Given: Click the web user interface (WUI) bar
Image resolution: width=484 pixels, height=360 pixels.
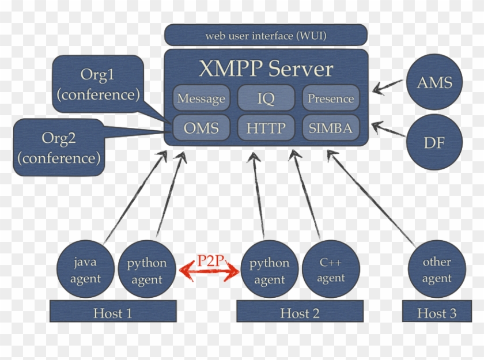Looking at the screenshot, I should [266, 36].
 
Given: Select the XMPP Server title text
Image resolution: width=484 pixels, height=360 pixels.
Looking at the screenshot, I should [266, 69].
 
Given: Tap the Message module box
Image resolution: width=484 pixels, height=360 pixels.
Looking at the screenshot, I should [201, 98].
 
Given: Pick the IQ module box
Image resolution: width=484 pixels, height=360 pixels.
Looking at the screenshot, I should [266, 98].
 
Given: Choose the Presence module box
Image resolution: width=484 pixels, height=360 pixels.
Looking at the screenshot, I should [331, 98].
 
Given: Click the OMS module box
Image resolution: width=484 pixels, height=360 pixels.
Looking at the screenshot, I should [201, 128].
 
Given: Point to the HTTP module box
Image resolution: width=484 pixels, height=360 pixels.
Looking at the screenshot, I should [266, 128].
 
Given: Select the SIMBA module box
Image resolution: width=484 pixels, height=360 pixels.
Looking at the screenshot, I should [331, 128].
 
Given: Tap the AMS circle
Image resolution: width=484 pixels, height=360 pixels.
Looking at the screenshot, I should [435, 83].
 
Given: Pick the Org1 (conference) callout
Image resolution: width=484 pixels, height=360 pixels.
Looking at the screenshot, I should [99, 84].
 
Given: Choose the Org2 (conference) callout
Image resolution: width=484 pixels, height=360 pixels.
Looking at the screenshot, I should [59, 147].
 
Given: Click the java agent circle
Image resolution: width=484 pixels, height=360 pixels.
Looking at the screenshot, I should [85, 270].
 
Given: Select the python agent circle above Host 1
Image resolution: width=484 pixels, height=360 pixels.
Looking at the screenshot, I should [146, 270].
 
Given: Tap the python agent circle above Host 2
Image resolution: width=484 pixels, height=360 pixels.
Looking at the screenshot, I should [269, 270].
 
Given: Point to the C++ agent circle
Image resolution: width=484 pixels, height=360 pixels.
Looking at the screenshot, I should [331, 270].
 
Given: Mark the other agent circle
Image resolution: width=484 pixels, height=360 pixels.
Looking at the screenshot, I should [436, 270].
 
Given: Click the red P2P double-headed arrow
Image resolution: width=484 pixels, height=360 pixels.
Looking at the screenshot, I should [209, 268].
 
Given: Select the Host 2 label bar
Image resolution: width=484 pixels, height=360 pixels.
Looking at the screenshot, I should [300, 313].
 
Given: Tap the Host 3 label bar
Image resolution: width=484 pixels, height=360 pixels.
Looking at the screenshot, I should [436, 313].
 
